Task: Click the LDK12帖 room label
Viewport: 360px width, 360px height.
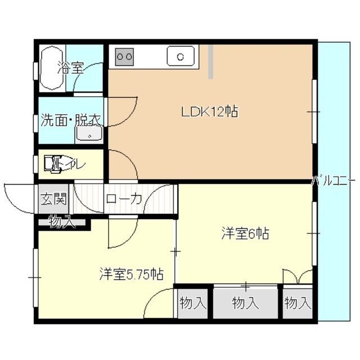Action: (x=209, y=112)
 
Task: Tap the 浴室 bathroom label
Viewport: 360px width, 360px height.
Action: (x=71, y=68)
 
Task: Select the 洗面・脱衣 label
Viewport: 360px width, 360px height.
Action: (x=71, y=120)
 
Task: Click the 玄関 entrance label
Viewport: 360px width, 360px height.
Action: (x=53, y=199)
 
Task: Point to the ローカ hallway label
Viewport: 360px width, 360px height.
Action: (x=124, y=199)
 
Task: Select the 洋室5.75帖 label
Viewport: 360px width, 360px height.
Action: (x=132, y=275)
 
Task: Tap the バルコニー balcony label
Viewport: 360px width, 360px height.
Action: (x=334, y=181)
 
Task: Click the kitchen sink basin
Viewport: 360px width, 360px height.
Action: (x=180, y=56)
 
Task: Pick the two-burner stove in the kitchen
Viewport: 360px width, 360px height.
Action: (x=125, y=56)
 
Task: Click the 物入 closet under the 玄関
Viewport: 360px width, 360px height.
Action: (x=61, y=222)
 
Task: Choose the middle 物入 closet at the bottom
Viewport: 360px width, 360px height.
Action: (x=246, y=303)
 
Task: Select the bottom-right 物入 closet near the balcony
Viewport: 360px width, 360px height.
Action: (x=298, y=303)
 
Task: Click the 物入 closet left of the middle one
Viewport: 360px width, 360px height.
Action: (x=193, y=303)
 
